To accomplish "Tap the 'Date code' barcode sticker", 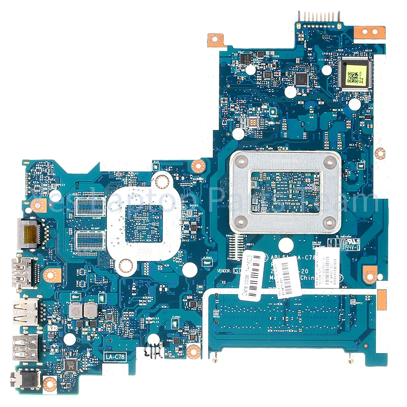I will pyautogui.click(x=251, y=277).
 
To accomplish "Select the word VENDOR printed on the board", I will pyautogui.click(x=224, y=271).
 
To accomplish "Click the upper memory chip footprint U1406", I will pyautogui.click(x=91, y=206).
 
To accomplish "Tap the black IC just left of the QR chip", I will pyautogui.click(x=302, y=79).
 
